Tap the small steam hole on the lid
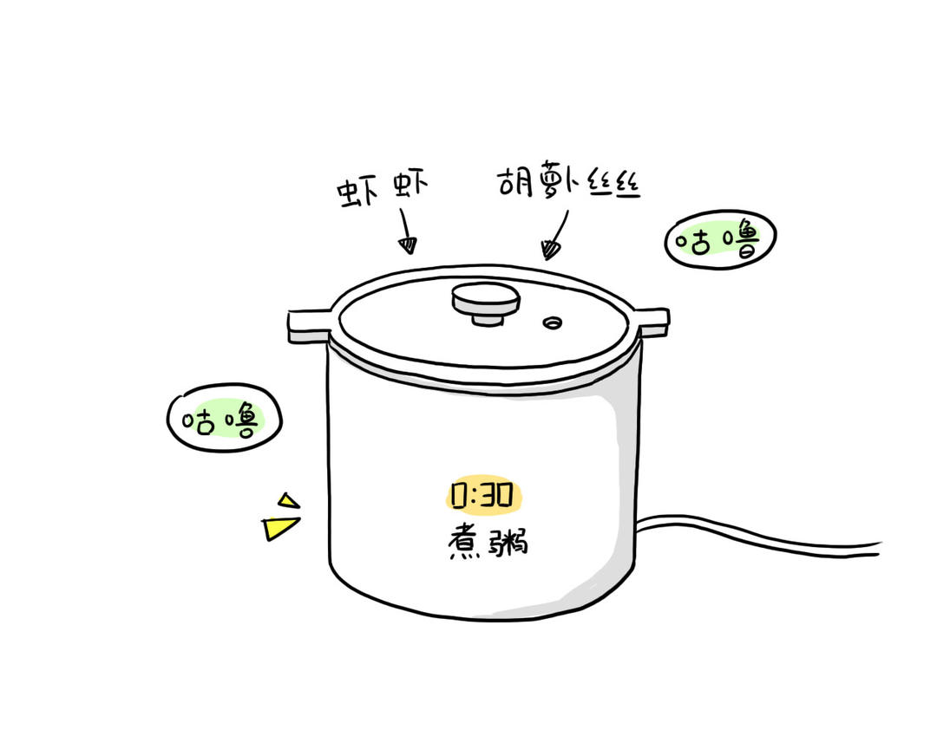(x=552, y=323)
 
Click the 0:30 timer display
(x=483, y=495)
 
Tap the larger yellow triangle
(x=279, y=527)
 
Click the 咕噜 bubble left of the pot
(x=224, y=418)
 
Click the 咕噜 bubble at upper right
(x=720, y=239)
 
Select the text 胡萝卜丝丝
(x=569, y=179)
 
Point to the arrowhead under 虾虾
(x=409, y=245)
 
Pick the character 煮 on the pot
(x=465, y=542)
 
